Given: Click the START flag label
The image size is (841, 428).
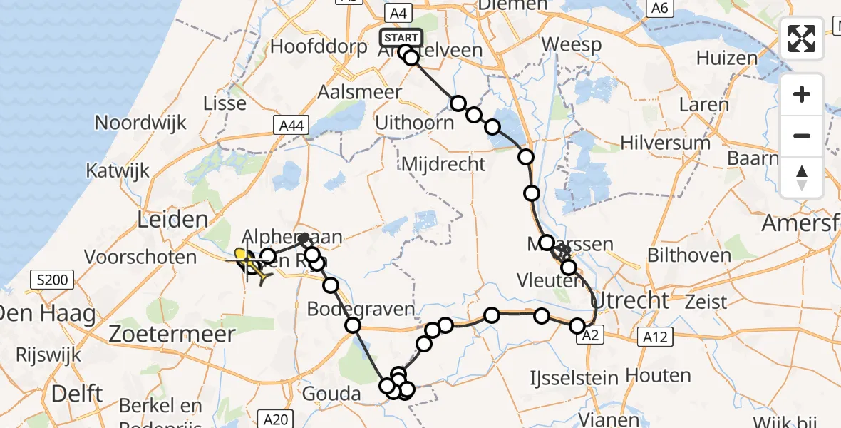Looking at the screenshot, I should (x=401, y=38).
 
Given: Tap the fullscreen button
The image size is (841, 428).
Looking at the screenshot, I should (x=802, y=39).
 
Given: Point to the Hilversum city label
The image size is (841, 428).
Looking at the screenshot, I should (x=665, y=143).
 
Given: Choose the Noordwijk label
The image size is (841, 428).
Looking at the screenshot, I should (x=140, y=123).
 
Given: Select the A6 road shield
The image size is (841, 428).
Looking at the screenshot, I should (x=659, y=8).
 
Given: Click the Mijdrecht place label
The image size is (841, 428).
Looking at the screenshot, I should (x=443, y=165).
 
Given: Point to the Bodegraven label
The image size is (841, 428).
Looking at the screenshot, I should (x=361, y=310).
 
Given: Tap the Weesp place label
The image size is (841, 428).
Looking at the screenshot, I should (x=571, y=44).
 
